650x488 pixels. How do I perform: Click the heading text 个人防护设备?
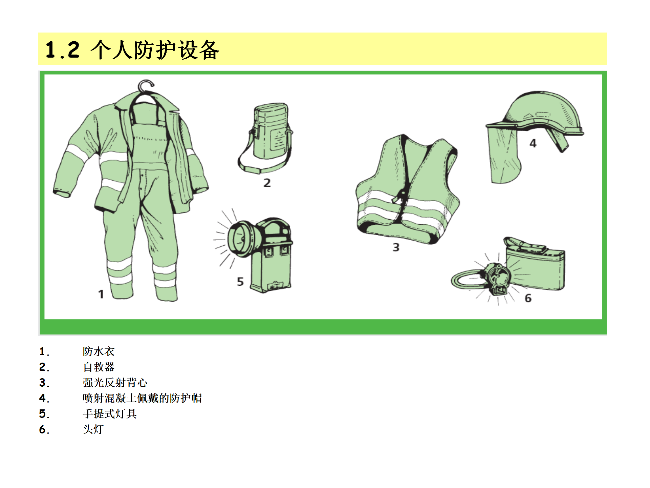click(155, 50)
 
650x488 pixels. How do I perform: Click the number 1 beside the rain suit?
click(101, 294)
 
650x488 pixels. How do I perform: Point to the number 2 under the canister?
click(267, 183)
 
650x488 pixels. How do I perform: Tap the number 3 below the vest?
click(396, 247)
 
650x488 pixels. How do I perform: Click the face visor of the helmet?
click(503, 154)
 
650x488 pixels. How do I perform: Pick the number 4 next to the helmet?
click(533, 143)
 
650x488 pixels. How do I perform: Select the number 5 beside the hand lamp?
click(240, 282)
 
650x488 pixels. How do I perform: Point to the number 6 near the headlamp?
click(528, 298)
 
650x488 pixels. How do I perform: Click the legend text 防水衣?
click(99, 351)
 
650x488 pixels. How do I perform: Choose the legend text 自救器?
click(99, 367)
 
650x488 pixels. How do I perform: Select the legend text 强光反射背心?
click(115, 383)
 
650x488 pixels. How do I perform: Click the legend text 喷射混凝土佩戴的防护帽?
click(142, 398)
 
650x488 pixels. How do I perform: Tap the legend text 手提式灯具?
click(110, 414)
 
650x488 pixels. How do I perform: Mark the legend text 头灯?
click(93, 429)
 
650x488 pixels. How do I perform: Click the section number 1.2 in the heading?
click(63, 50)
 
